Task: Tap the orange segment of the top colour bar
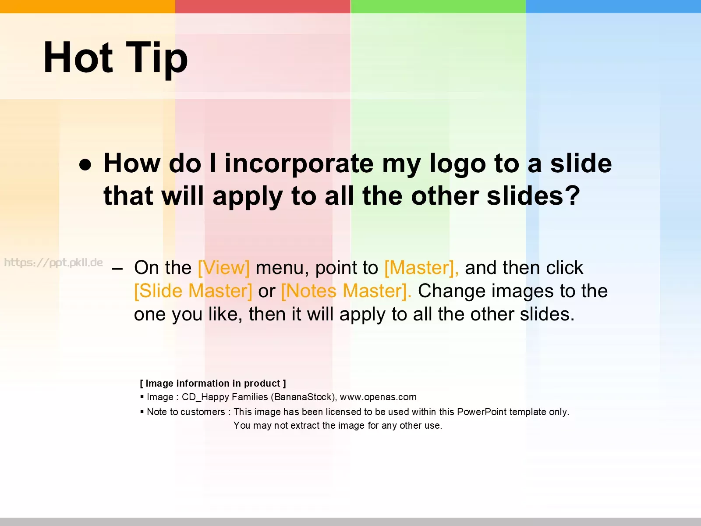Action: coord(88,7)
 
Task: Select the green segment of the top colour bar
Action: coord(438,7)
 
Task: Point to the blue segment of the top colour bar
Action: coord(613,7)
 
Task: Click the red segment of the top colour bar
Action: coord(263,7)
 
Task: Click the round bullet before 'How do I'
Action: coord(85,165)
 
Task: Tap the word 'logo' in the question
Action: coord(458,164)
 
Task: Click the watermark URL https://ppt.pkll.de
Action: coord(53,263)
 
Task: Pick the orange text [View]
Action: coord(223,268)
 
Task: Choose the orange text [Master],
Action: coord(421,268)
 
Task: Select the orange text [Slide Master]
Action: coord(193,291)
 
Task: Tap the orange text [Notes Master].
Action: coord(346,291)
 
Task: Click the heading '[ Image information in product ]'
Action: coord(213,383)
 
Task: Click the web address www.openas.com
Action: coord(378,397)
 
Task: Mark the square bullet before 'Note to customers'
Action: coord(142,411)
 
